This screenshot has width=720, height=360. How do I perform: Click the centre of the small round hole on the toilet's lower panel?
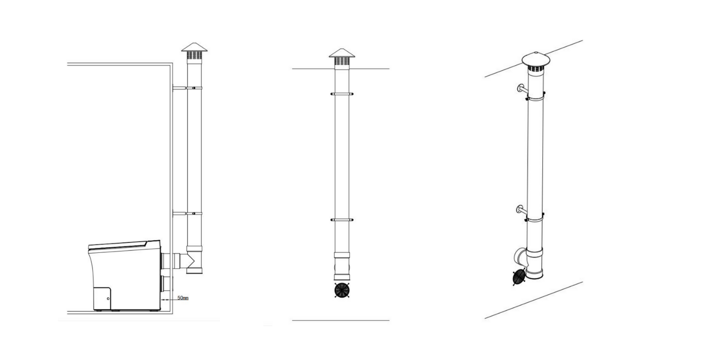pyautogui.click(x=108, y=299)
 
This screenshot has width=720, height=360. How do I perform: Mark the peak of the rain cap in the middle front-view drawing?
pyautogui.click(x=342, y=49)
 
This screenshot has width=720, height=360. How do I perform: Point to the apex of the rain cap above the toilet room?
pyautogui.click(x=194, y=43)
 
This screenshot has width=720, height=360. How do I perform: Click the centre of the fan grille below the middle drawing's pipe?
pyautogui.click(x=342, y=290)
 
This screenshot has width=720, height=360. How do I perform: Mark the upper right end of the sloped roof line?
pyautogui.click(x=582, y=40)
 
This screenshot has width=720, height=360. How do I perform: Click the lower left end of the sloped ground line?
pyautogui.click(x=485, y=319)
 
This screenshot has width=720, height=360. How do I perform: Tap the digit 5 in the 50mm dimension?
pyautogui.click(x=179, y=298)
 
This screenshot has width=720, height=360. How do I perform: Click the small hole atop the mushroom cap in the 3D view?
pyautogui.click(x=535, y=52)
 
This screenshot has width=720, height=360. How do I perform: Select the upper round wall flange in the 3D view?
pyautogui.click(x=520, y=88)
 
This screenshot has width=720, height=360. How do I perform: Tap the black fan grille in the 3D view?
pyautogui.click(x=518, y=277)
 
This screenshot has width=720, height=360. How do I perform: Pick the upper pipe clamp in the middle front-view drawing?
pyautogui.click(x=342, y=94)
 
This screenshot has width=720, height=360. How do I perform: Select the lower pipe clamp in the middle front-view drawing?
pyautogui.click(x=342, y=220)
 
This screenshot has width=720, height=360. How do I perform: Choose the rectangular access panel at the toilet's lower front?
pyautogui.click(x=102, y=299)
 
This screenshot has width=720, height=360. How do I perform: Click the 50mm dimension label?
pyautogui.click(x=183, y=298)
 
